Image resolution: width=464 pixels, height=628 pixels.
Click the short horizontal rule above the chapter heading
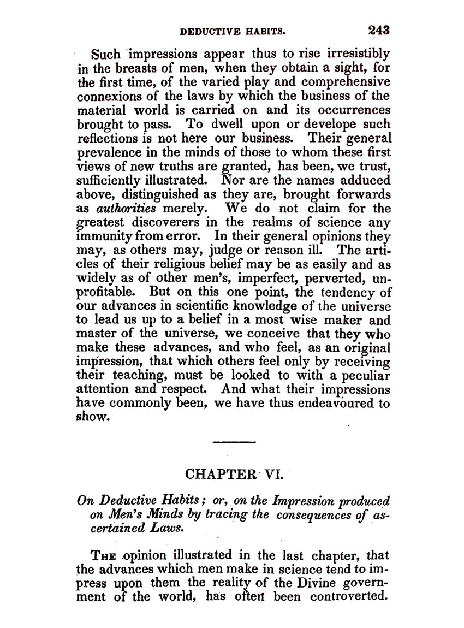pyautogui.click(x=234, y=442)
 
